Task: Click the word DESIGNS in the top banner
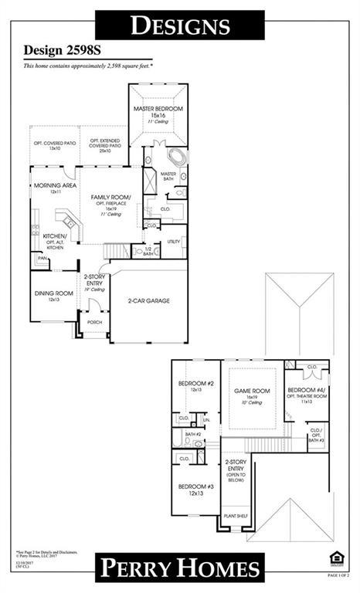coord(180,25)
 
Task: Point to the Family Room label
coord(110,198)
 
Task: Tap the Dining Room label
coord(53,293)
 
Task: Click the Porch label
coord(94,322)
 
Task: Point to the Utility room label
coord(173,242)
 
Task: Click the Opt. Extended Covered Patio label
coord(104,144)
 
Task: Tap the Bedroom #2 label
coord(195,385)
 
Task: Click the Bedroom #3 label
coord(195,488)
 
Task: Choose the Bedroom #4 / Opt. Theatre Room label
coord(307,393)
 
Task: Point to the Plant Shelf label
coord(234,516)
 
